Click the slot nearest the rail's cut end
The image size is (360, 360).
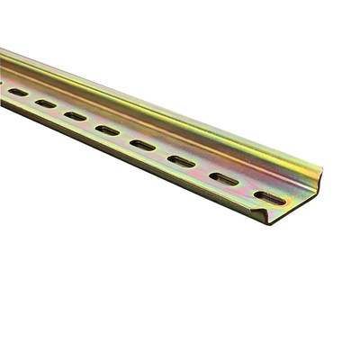coord(269,197)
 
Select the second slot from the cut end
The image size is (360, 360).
coord(223,178)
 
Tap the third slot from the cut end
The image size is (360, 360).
coord(181,160)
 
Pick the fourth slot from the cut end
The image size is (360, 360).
coord(142,144)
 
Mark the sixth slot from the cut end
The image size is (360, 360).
coord(75,116)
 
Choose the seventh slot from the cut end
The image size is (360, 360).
coord(45,103)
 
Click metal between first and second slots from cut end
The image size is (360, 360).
coord(247,188)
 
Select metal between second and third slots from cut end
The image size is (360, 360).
coord(202,169)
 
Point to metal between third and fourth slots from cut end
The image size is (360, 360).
coord(162,152)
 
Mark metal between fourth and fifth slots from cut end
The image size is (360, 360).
coord(124,137)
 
